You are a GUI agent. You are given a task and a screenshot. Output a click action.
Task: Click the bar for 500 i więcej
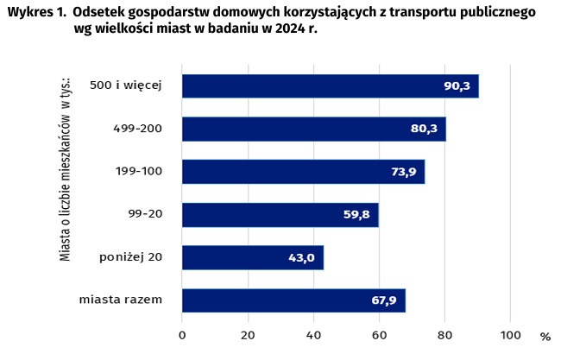[x=330, y=86]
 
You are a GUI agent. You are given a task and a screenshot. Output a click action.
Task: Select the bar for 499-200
[x=313, y=129]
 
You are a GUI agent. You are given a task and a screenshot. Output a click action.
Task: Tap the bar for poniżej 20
[x=252, y=257]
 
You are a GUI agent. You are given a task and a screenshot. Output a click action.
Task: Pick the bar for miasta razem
[x=293, y=300]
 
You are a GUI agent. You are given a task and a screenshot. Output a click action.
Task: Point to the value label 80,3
[x=424, y=129]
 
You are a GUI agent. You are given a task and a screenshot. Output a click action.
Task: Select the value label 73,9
[x=403, y=172]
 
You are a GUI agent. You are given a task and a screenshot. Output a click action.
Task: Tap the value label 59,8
[x=356, y=215]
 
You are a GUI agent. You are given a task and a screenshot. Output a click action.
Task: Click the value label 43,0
[x=302, y=257]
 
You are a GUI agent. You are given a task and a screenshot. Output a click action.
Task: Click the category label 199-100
[x=138, y=172]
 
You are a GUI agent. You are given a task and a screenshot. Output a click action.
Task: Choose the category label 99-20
[x=143, y=215]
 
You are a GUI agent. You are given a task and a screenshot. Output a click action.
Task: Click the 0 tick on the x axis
[x=182, y=335]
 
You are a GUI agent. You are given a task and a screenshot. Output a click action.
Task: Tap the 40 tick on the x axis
[x=313, y=335]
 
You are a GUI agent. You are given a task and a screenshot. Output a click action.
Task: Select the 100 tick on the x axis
[x=510, y=335]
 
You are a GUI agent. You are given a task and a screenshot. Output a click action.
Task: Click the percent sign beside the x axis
[x=545, y=336]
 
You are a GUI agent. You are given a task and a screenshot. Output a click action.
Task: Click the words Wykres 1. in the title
[x=37, y=14]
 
